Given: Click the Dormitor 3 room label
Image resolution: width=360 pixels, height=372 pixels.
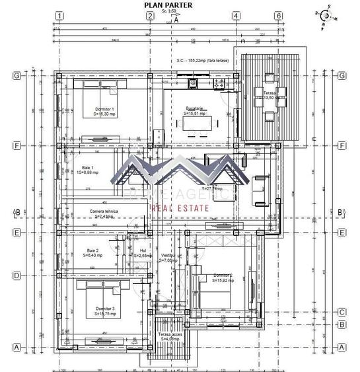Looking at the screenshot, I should point(104,311).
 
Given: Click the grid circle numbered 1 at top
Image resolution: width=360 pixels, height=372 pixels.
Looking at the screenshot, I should point(59,16).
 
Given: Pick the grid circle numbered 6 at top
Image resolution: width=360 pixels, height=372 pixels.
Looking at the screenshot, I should point(279,16).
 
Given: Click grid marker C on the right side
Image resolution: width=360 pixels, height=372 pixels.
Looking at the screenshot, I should point(342,312).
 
